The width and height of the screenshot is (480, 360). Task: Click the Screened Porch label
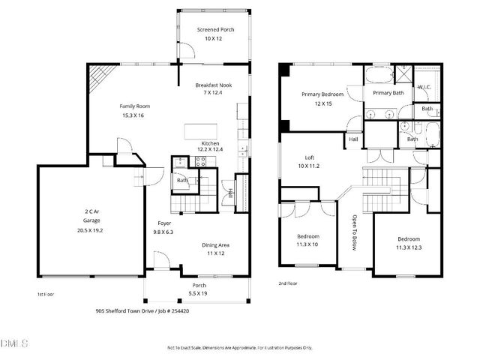click(215, 29)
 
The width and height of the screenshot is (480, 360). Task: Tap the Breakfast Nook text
click(214, 85)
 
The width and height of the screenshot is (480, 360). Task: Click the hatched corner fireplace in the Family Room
click(100, 75)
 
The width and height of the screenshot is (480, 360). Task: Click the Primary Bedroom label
click(322, 94)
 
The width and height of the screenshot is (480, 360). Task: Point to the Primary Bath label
click(388, 92)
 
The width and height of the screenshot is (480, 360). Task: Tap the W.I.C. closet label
click(424, 86)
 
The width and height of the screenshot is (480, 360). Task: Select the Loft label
click(309, 157)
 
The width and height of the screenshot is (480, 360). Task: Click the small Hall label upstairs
click(353, 139)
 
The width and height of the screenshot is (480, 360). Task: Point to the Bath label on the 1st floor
click(182, 180)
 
